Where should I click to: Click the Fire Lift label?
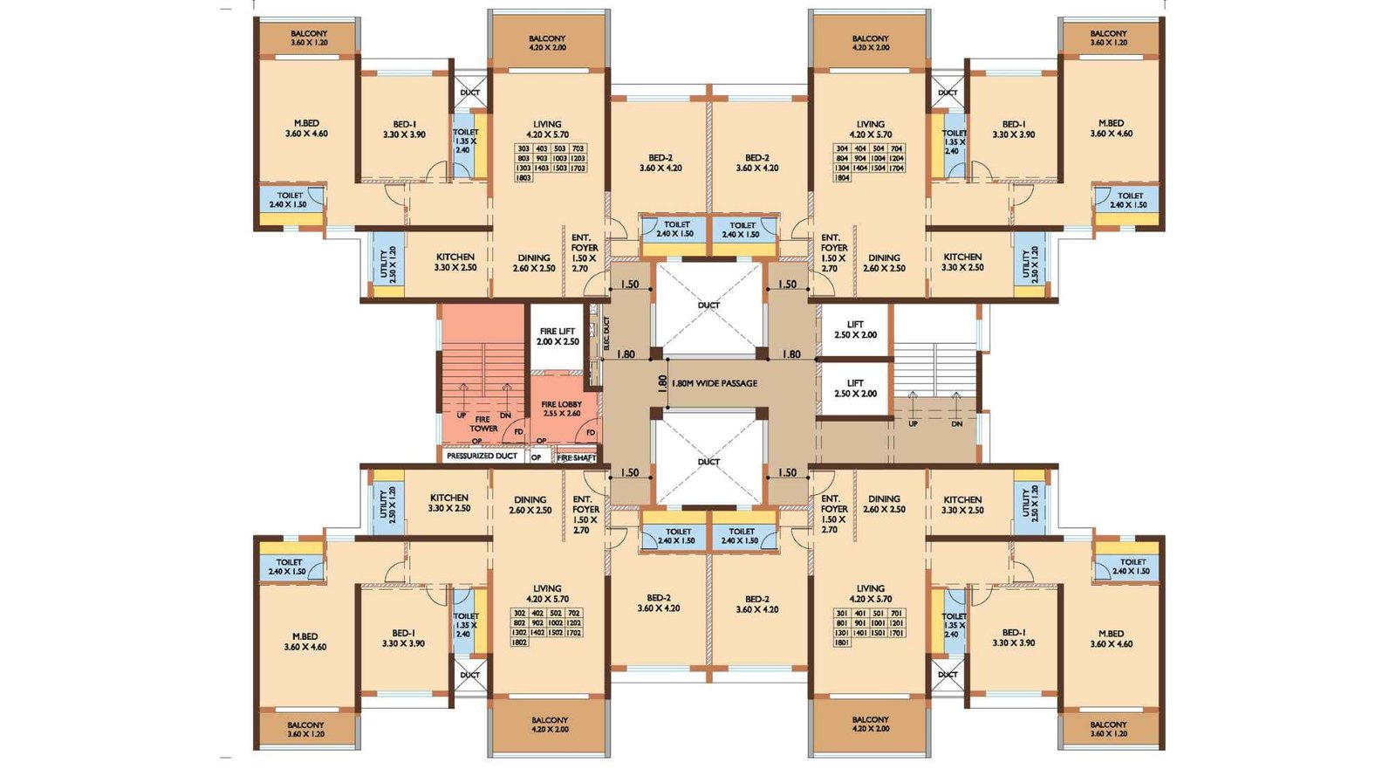tap(558, 336)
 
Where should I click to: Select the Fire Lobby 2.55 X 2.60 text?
tap(561, 409)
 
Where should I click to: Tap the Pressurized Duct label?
tap(482, 456)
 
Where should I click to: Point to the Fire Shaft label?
tap(577, 457)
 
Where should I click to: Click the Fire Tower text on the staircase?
tap(483, 424)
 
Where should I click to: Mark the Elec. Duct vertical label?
tap(606, 333)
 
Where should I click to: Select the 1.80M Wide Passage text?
tap(714, 383)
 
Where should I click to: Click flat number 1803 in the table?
tap(523, 178)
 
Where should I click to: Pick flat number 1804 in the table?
tap(842, 178)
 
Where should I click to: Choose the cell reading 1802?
tap(519, 642)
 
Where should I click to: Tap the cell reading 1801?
tap(842, 642)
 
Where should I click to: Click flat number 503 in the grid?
tap(560, 149)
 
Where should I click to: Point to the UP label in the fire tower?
tap(461, 415)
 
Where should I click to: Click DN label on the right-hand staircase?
tap(956, 424)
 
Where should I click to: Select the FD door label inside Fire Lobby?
tap(591, 433)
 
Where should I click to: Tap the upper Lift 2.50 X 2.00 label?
tap(855, 329)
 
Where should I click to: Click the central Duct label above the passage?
tap(708, 306)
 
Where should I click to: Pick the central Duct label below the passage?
tap(708, 462)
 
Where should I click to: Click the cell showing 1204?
tap(896, 159)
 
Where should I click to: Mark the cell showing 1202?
tap(573, 623)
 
